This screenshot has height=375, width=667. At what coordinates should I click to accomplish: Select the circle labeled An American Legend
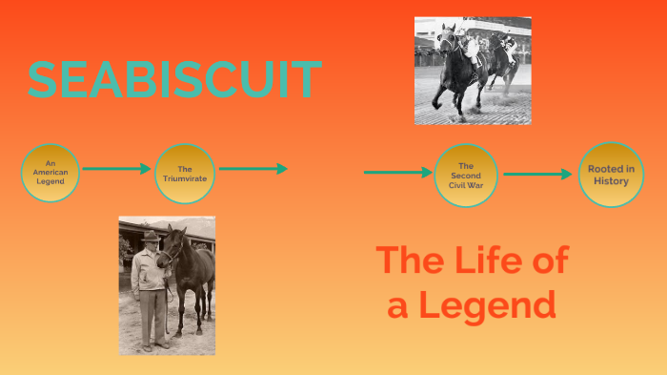[x=51, y=173]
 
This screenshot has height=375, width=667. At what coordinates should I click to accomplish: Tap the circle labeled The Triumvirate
[x=184, y=173]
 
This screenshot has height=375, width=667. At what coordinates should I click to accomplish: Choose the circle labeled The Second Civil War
[x=466, y=176]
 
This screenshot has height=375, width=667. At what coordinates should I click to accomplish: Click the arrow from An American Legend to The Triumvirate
[x=116, y=169]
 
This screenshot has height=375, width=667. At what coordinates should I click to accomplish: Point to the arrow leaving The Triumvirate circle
[x=253, y=169]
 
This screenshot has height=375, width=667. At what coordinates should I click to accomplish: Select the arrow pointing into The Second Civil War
[x=397, y=173]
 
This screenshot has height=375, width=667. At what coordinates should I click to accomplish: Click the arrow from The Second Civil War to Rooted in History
[x=537, y=175]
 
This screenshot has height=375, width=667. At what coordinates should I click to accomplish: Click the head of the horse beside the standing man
[x=171, y=248]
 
